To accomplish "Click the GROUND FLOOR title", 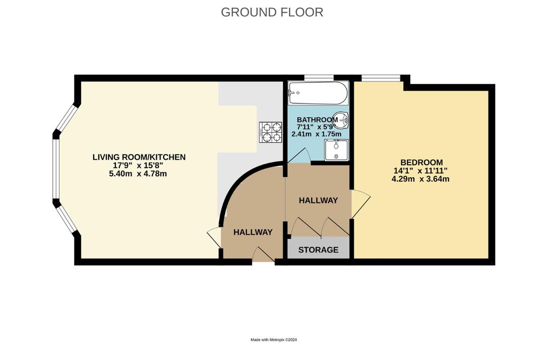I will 272,12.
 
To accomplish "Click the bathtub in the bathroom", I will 317,92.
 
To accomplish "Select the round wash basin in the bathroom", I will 343,120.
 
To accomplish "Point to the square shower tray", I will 336,149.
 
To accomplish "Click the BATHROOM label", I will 317,120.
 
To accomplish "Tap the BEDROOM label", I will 421,162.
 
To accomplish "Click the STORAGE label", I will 318,250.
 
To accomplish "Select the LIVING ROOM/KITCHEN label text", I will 139,157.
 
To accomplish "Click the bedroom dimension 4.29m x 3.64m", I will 420,179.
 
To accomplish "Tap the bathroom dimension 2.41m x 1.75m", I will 316,134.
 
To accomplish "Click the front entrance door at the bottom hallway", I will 263,256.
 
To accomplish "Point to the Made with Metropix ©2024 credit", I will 273,340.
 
